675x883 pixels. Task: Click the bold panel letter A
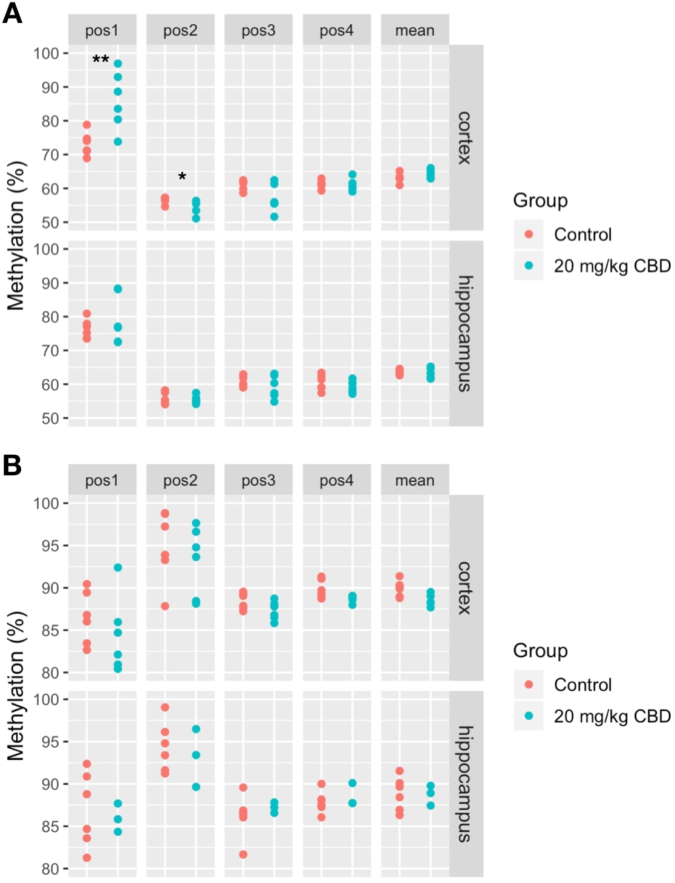[12, 13]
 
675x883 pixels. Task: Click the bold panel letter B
[12, 465]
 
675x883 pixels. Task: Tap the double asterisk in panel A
[100, 60]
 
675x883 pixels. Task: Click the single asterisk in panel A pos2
[182, 177]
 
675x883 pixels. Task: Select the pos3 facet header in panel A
[258, 30]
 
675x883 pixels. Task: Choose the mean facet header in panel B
[414, 480]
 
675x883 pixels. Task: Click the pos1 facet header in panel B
[102, 480]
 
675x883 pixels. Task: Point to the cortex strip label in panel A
[465, 138]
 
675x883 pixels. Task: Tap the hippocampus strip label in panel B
[465, 784]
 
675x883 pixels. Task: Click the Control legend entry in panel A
[582, 235]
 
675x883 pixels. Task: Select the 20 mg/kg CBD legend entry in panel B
[611, 716]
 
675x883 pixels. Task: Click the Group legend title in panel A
[540, 200]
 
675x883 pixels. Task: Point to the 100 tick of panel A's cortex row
[46, 53]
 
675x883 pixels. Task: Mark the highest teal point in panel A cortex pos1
[118, 64]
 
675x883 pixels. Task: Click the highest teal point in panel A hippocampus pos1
[118, 289]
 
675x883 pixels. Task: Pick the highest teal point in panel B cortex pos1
[118, 567]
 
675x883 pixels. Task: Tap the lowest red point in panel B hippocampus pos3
[243, 855]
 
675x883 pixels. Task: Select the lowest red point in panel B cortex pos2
[165, 606]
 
